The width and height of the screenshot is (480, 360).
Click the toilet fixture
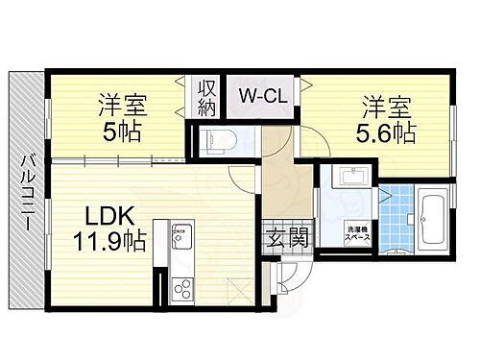(219, 142)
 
